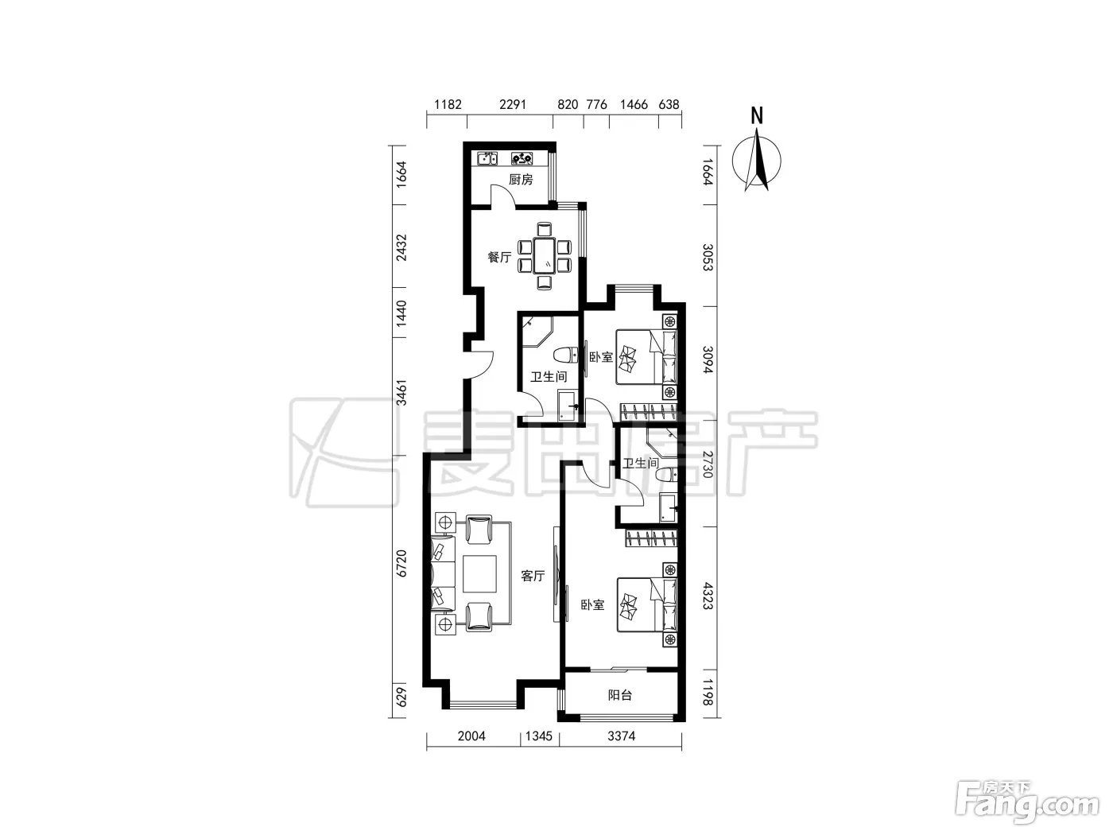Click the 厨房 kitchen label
pos(521,180)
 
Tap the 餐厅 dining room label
pos(499,257)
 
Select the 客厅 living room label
pos(533,576)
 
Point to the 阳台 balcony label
pos(619,695)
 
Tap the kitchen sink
pos(487,158)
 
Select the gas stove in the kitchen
pos(522,158)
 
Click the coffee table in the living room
pos(479,573)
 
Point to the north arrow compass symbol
pos(757,160)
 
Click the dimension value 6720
pos(401,563)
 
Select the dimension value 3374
pos(621,736)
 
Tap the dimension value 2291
pos(513,104)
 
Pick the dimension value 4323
pos(708,596)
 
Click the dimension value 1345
pos(538,736)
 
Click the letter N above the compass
pos(757,116)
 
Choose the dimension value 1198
pos(708,692)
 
